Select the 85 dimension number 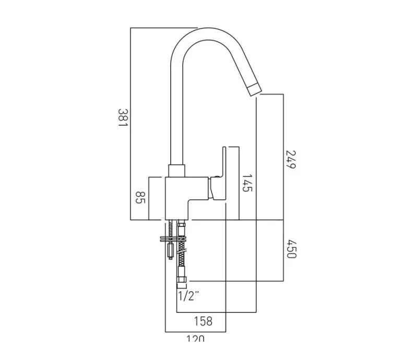point(140,198)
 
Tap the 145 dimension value point(247,183)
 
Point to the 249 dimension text point(291,159)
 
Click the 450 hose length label point(291,250)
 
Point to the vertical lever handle point(229,172)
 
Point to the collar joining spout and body point(176,171)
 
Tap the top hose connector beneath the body point(182,230)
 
